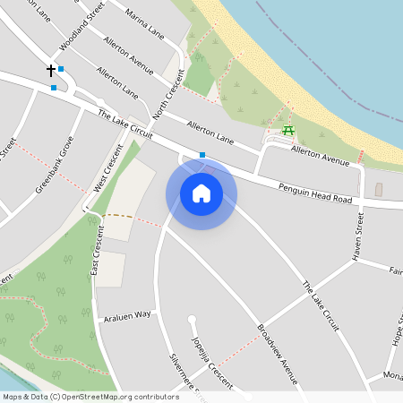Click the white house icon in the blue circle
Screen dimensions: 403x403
click(x=201, y=193)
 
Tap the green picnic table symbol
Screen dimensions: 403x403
click(x=288, y=133)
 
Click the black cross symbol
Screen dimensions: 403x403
click(x=51, y=69)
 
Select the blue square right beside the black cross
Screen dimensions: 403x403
click(x=61, y=69)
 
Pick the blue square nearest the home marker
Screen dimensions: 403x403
click(x=202, y=155)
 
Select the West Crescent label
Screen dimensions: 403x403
click(x=107, y=169)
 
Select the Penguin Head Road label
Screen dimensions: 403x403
click(x=314, y=191)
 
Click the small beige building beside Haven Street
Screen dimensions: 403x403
click(x=378, y=190)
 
